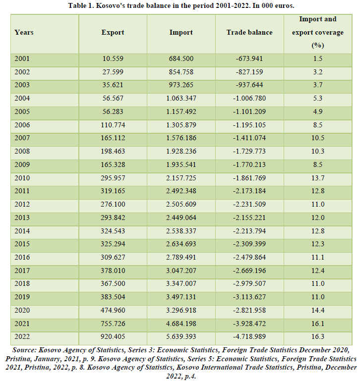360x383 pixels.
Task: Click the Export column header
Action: (113, 33)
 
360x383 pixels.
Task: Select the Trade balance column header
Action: (249, 33)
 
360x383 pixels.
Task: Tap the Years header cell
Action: (24, 33)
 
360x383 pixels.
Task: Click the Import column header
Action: (181, 33)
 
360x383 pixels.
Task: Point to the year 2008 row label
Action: (22, 151)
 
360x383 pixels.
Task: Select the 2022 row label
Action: (22, 336)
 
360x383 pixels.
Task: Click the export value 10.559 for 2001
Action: (113, 58)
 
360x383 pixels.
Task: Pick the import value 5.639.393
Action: (181, 336)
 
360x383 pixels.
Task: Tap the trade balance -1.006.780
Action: (249, 98)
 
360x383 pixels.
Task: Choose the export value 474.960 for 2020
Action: (113, 310)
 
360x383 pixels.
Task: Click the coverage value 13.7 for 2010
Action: (318, 178)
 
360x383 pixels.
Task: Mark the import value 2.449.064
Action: (181, 218)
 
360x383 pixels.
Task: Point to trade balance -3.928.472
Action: (249, 324)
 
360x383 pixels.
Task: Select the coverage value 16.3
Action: (318, 336)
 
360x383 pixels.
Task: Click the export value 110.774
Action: (113, 125)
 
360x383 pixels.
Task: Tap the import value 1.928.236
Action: (181, 151)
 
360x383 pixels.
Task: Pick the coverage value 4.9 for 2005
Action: (318, 111)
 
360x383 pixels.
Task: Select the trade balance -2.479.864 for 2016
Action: (249, 257)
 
